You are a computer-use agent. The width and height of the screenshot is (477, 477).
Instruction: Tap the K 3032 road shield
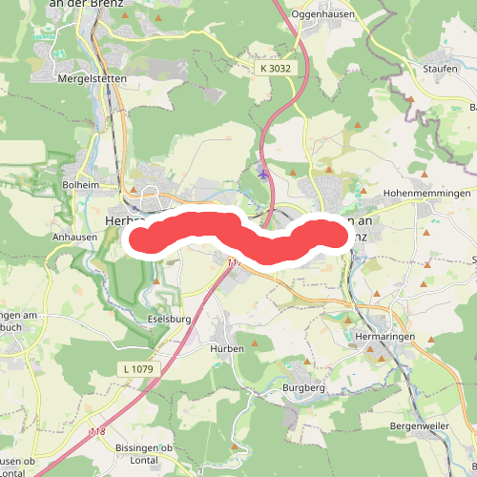point(274,69)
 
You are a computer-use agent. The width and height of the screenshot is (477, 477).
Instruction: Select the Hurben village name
point(227,349)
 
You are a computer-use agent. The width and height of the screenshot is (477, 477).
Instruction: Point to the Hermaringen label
point(384,339)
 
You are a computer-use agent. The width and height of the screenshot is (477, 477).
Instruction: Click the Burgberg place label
point(304,389)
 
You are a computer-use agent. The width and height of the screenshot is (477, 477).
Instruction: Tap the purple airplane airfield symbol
point(263,173)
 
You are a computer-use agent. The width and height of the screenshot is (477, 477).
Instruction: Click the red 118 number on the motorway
point(96,433)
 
